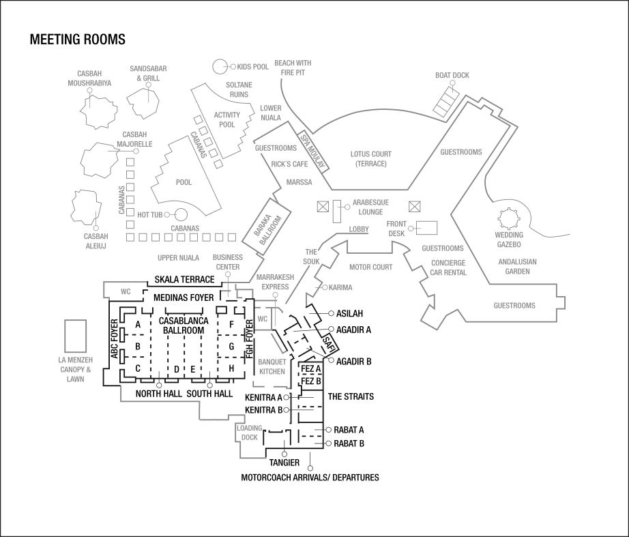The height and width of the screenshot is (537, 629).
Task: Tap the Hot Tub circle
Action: (181, 215)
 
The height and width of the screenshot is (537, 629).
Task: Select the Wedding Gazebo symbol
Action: (508, 219)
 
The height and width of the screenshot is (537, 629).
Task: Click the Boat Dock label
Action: (452, 76)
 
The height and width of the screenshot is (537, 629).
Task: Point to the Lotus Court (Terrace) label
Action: (371, 159)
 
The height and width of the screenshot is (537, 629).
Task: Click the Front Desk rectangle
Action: (427, 228)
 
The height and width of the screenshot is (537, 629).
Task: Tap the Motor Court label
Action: (370, 267)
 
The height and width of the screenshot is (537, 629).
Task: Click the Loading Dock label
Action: (250, 433)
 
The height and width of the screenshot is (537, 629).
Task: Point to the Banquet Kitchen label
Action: (272, 367)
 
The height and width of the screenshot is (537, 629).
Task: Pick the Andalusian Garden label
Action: (517, 266)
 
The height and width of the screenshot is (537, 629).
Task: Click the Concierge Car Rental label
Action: (448, 267)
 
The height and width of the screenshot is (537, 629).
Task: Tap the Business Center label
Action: (227, 262)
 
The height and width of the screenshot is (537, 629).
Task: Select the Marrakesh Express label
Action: (275, 282)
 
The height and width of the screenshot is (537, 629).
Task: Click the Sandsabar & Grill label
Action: (148, 74)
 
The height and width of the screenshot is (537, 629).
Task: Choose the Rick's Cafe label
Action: (289, 164)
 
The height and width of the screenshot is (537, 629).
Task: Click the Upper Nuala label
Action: (178, 258)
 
